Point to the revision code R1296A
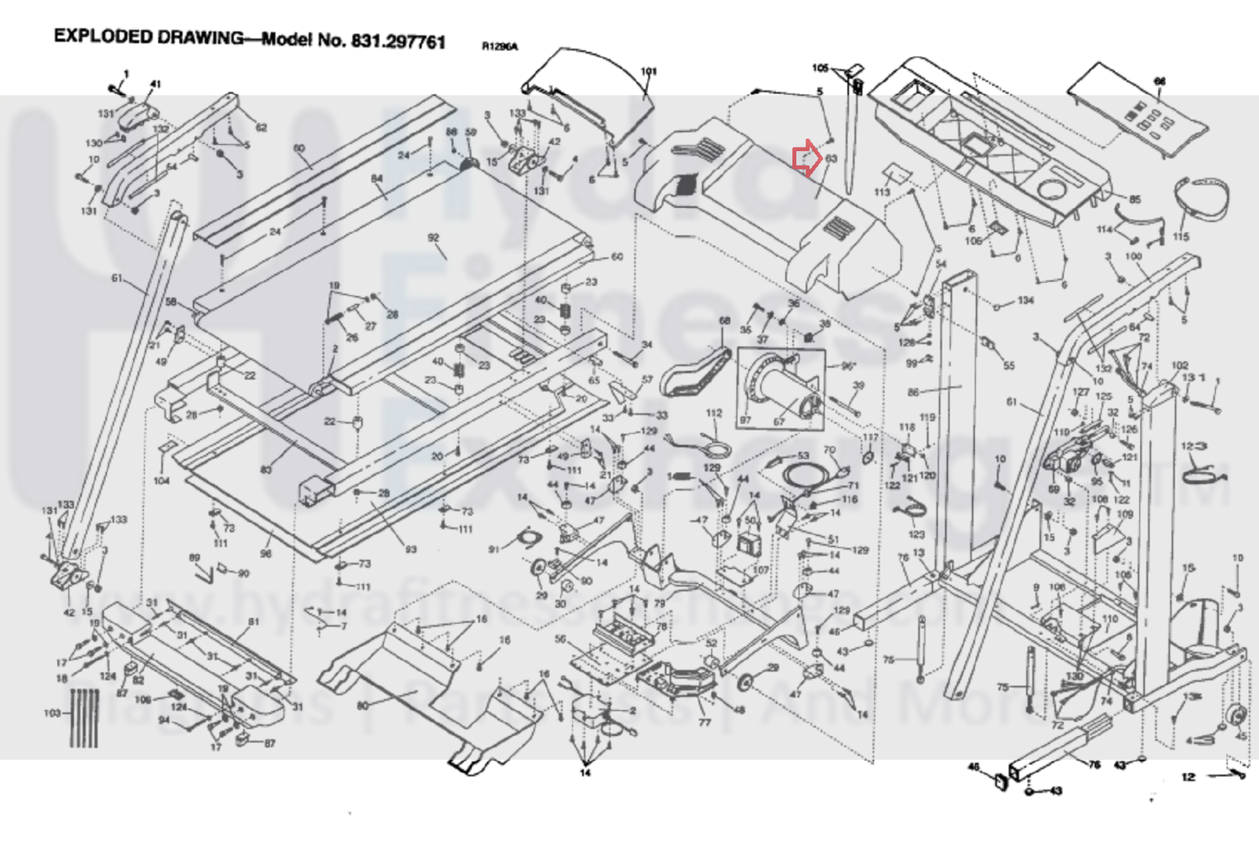tap(500, 47)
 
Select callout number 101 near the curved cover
tap(648, 72)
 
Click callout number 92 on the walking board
tap(433, 238)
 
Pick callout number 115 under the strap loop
tap(1181, 236)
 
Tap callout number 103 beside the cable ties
tap(52, 713)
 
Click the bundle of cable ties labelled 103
tap(84, 717)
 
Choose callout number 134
tap(1025, 300)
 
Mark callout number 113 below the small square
tap(882, 192)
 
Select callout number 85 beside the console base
tap(1135, 200)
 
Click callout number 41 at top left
tap(155, 84)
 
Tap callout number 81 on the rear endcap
tap(254, 622)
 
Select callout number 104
tap(161, 480)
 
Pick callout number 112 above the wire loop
tap(714, 413)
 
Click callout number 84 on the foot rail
tap(377, 179)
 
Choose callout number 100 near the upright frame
tap(1133, 257)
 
